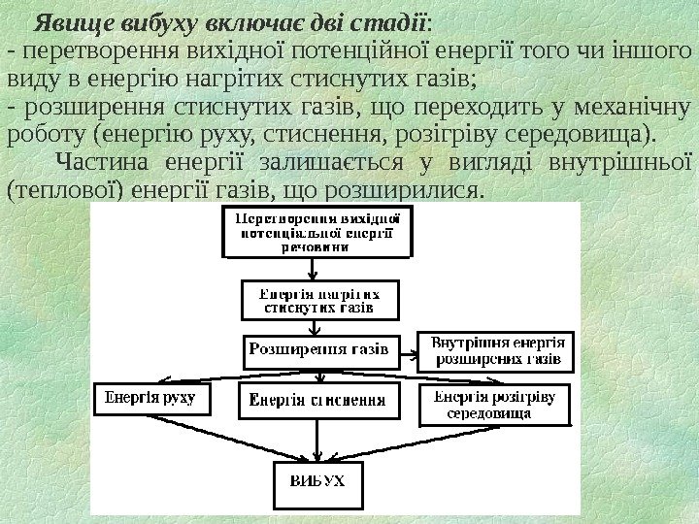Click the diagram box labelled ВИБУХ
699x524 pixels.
coord(318,482)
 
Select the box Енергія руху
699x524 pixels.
coord(150,397)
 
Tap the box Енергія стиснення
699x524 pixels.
coord(318,399)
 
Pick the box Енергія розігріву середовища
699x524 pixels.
coord(494,406)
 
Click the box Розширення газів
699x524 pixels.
coord(319,347)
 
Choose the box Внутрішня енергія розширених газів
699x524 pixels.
coord(497,350)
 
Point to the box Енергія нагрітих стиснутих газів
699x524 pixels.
coord(318,299)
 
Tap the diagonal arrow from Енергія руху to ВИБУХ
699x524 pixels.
coord(233,432)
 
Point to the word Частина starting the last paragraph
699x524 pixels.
coord(102,159)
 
